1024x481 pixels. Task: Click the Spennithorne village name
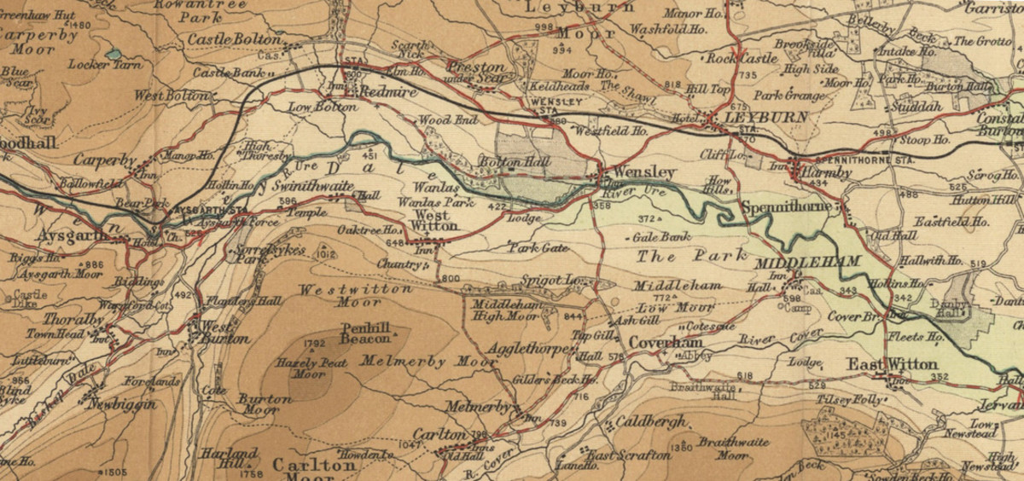click(x=788, y=207)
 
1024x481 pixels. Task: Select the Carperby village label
click(x=104, y=159)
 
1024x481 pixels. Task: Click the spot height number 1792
click(x=315, y=345)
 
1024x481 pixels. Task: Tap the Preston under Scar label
click(x=478, y=72)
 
